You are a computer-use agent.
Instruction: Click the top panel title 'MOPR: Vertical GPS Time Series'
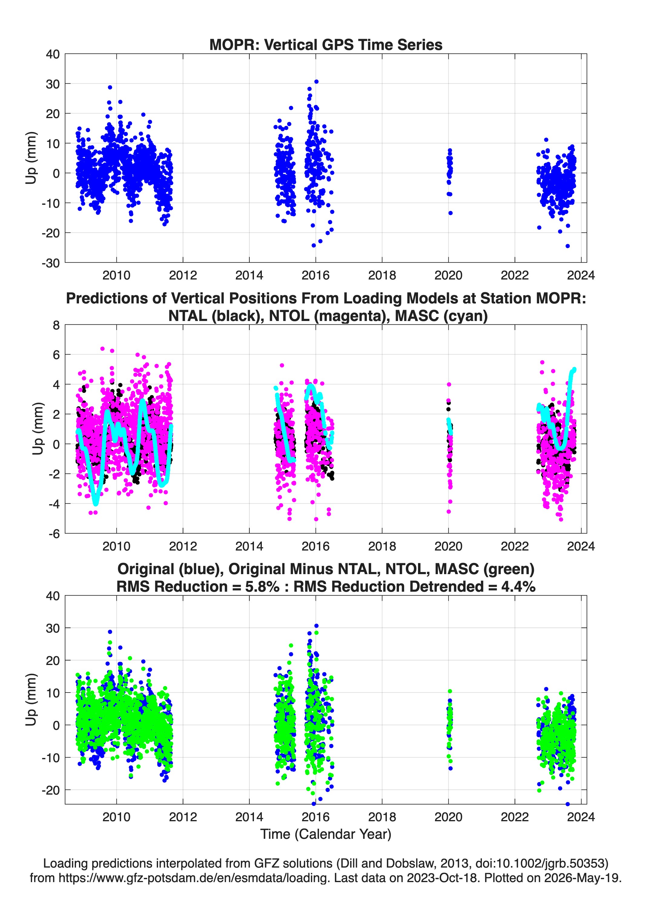click(326, 45)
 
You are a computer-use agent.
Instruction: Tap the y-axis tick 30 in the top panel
click(53, 84)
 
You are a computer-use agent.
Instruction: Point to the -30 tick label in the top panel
click(51, 263)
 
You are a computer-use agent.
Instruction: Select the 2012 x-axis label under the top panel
click(183, 275)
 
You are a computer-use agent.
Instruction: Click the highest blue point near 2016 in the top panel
click(316, 82)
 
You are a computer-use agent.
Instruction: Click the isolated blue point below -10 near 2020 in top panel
click(450, 213)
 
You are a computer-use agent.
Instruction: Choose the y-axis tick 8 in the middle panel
click(56, 325)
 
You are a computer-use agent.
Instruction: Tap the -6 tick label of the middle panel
click(54, 534)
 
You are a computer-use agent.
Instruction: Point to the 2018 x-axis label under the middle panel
click(382, 546)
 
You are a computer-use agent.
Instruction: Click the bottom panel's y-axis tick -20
click(51, 790)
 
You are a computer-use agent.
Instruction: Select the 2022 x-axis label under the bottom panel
click(515, 817)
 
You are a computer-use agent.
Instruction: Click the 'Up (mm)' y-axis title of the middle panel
click(38, 429)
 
